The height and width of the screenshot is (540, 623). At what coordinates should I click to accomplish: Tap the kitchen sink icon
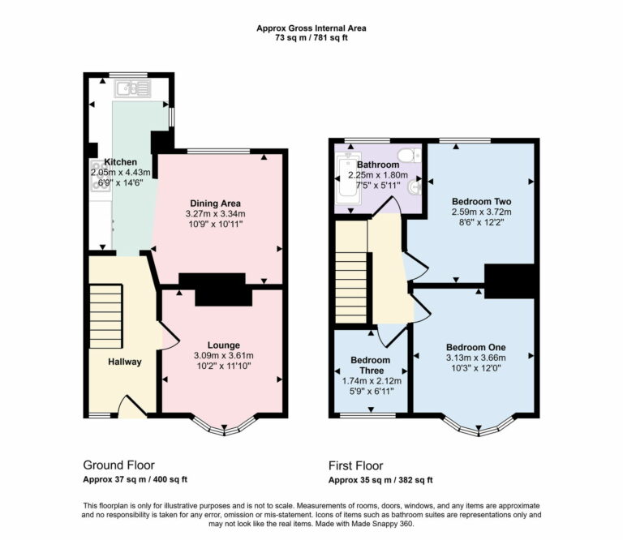[x=129, y=88]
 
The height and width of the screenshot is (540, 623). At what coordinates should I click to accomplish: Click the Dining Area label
[x=216, y=203]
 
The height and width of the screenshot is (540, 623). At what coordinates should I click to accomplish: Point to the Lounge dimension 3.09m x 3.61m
[x=223, y=355]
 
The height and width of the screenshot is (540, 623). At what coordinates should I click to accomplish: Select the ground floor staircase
[x=105, y=316]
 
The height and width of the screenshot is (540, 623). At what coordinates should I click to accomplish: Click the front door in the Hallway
[x=132, y=405]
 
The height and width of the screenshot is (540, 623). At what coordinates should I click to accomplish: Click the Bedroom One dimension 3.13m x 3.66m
[x=475, y=358]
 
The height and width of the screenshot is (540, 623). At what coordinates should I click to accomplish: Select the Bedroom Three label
[x=370, y=365]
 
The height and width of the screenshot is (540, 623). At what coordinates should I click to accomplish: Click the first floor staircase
[x=352, y=276]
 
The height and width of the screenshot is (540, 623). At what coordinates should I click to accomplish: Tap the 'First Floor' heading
[x=355, y=465]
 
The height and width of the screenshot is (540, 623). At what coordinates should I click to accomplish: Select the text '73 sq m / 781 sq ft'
[x=311, y=38]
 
